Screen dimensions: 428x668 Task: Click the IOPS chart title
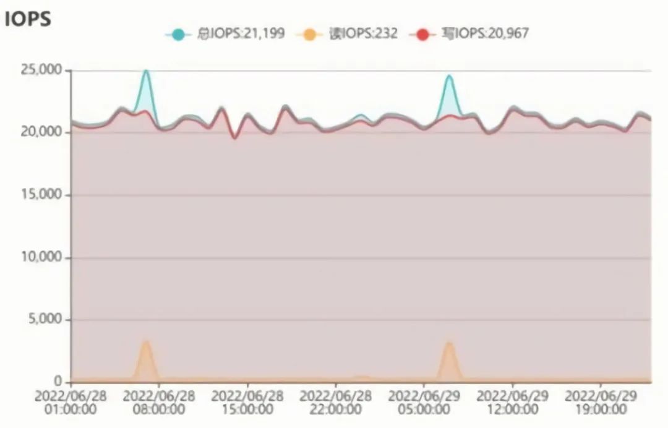coord(27,20)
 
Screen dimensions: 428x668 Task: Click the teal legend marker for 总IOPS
coord(178,34)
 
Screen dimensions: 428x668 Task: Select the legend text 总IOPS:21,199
coord(241,33)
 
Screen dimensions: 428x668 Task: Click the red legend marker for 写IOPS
coord(423,34)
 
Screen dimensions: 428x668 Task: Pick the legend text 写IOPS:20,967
coord(485,33)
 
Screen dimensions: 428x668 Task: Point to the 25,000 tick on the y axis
coord(41,71)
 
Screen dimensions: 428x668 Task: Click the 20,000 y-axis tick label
coord(41,132)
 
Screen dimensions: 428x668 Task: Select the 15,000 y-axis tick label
coord(41,195)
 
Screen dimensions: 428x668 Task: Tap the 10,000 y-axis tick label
coord(41,257)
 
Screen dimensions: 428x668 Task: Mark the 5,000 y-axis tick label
coord(44,320)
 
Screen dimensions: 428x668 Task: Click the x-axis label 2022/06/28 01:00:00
coord(71,401)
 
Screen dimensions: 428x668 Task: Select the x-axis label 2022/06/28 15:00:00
coord(247,401)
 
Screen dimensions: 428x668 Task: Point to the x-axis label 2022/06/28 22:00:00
coord(336,401)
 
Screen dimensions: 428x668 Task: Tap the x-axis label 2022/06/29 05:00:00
coord(424,401)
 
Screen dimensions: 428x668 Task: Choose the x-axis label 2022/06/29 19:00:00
coord(601,401)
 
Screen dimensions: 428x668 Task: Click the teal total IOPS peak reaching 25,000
coord(146,71)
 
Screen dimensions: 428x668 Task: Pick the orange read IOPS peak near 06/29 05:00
coord(449,343)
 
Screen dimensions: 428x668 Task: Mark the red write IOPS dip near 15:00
coord(234,137)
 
